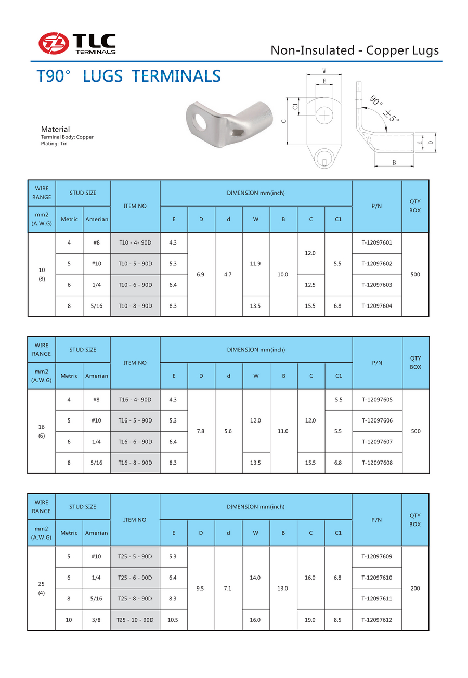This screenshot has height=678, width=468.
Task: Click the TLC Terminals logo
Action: pyautogui.click(x=77, y=43)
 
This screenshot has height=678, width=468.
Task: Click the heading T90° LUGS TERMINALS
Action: pyautogui.click(x=129, y=76)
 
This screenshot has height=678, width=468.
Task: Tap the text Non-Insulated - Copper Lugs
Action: pyautogui.click(x=355, y=50)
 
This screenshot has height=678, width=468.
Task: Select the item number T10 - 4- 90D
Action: pyautogui.click(x=135, y=242)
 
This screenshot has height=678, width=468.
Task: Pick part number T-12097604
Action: pyautogui.click(x=376, y=306)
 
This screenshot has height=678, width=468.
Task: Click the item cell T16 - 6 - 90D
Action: pyautogui.click(x=135, y=442)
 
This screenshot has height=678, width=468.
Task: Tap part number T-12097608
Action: pyautogui.click(x=376, y=463)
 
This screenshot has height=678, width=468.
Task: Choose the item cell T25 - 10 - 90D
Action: pyautogui.click(x=135, y=620)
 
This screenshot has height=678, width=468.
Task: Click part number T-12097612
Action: pyautogui.click(x=376, y=620)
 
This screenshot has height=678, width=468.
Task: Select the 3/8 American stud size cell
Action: pyautogui.click(x=96, y=620)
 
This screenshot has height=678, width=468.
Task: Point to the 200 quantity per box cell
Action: pyautogui.click(x=415, y=589)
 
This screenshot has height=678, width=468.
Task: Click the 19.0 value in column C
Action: pyautogui.click(x=310, y=620)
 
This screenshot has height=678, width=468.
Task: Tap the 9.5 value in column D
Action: pyautogui.click(x=201, y=589)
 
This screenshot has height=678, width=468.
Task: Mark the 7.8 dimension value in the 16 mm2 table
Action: pyautogui.click(x=201, y=431)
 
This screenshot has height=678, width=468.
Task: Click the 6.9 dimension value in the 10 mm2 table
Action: pyautogui.click(x=201, y=274)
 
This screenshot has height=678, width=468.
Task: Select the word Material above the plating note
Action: pyautogui.click(x=55, y=129)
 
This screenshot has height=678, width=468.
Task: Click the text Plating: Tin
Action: pyautogui.click(x=54, y=143)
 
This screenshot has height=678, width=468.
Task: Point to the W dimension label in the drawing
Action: pyautogui.click(x=324, y=71)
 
